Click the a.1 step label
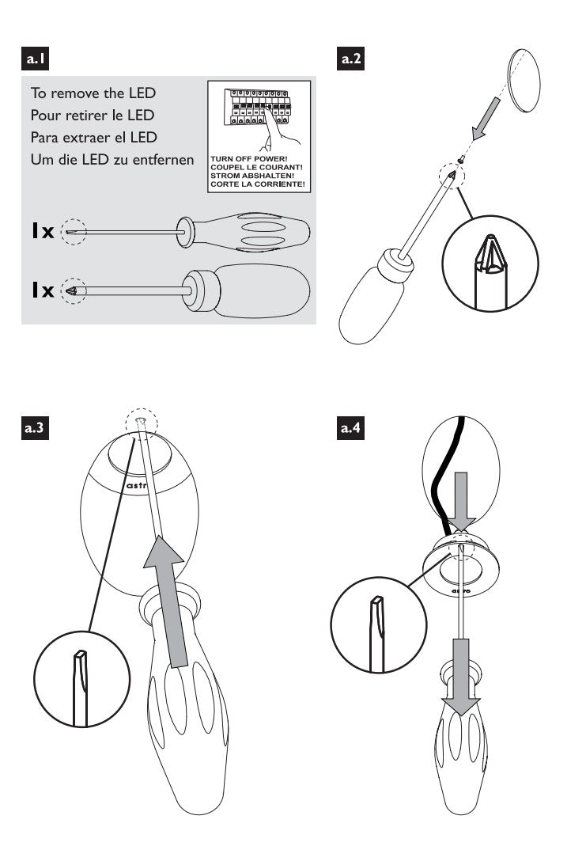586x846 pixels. (x=39, y=58)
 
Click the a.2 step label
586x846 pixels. (x=350, y=58)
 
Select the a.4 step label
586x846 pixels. (x=351, y=428)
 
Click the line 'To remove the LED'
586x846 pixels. (x=93, y=93)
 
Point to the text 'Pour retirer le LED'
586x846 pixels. (x=98, y=115)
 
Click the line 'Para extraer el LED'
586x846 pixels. (x=99, y=137)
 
